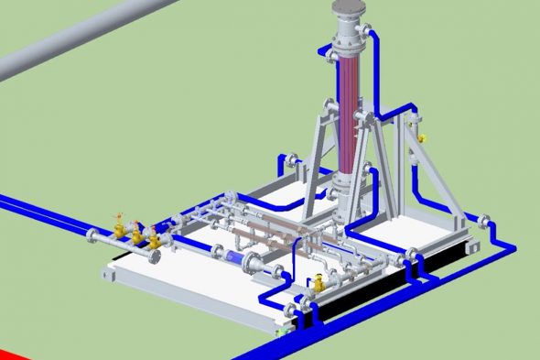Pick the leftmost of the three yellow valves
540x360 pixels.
tap(118, 224)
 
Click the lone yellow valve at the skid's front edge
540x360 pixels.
tap(318, 283)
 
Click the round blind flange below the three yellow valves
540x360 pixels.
tap(157, 257)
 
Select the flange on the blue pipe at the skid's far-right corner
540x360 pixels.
tap(484, 220)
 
